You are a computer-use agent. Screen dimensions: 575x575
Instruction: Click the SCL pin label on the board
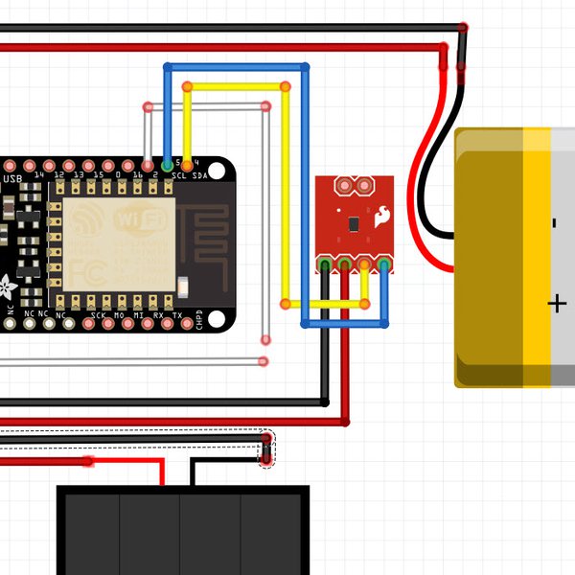click(178, 176)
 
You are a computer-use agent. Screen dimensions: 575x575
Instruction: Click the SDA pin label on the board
click(199, 176)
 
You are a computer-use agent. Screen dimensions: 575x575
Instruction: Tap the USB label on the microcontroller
click(12, 178)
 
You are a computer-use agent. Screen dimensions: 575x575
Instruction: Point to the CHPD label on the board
click(199, 319)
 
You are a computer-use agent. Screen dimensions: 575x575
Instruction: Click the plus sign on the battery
click(557, 305)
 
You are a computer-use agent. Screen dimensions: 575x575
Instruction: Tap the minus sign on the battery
click(555, 223)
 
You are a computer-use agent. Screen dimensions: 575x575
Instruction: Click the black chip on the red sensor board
click(354, 224)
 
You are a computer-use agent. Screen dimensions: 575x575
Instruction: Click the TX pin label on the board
click(177, 314)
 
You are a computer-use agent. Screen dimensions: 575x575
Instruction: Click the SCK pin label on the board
click(98, 314)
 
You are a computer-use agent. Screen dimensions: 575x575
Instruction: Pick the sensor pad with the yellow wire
click(365, 264)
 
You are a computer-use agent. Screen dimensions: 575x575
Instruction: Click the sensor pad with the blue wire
click(384, 264)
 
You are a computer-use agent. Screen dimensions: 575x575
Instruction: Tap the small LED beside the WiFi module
click(184, 284)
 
